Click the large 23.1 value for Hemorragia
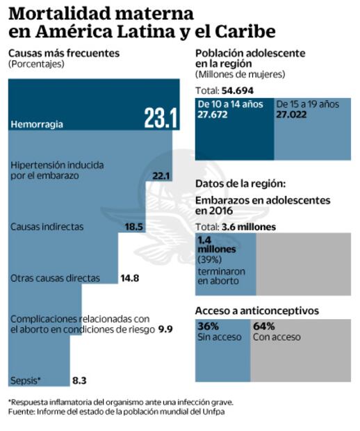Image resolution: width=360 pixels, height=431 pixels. (x=161, y=118)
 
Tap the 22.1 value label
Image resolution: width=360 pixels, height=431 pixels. (x=161, y=176)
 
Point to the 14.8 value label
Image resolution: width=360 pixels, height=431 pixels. (x=129, y=278)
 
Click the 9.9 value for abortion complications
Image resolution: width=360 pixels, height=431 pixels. (x=165, y=329)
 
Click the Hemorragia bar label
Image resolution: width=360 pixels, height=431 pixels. (x=38, y=124)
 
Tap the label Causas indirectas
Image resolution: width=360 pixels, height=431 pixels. (x=47, y=227)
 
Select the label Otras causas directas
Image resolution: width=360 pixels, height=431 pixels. (x=55, y=278)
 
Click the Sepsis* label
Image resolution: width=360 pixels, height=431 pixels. (x=26, y=380)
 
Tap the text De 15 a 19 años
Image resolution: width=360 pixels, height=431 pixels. (x=308, y=104)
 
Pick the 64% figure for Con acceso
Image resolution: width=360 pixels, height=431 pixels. (x=264, y=326)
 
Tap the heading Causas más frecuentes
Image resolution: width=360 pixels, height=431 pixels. (x=64, y=53)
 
